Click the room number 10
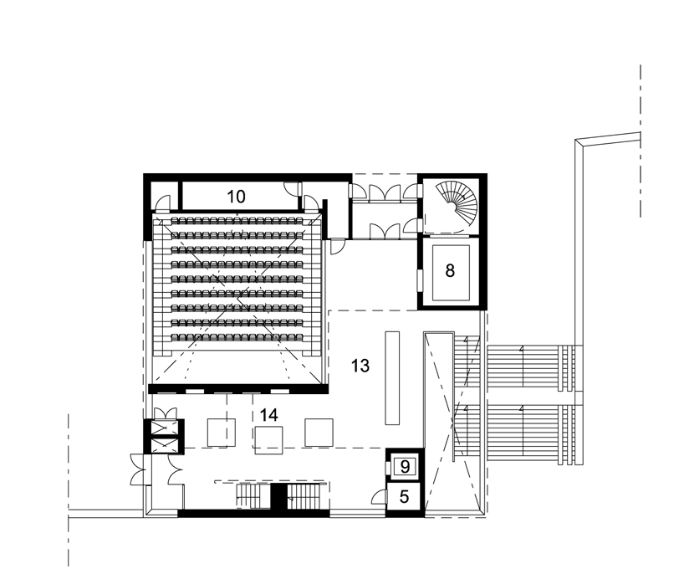click(x=237, y=197)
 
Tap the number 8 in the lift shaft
click(x=450, y=272)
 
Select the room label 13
click(x=360, y=366)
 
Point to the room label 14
click(x=268, y=414)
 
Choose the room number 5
click(x=405, y=497)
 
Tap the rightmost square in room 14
click(x=319, y=432)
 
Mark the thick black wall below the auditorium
click(x=237, y=388)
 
